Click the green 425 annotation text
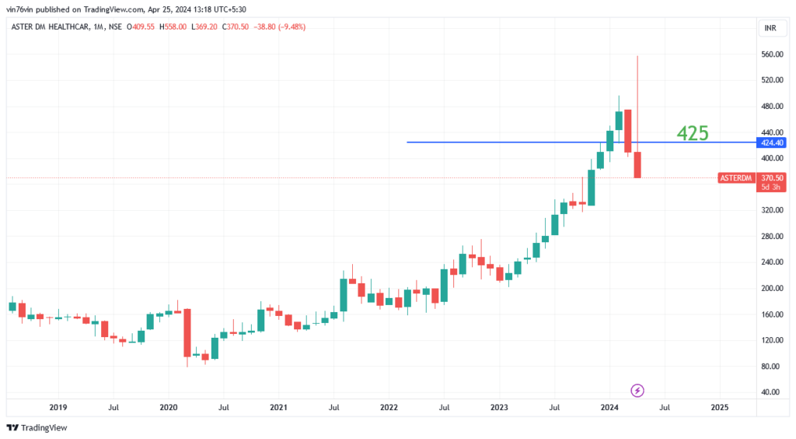point(692,134)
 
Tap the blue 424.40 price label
point(772,142)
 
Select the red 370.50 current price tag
point(772,177)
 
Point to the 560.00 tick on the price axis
point(771,54)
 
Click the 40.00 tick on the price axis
point(770,392)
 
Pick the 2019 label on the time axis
point(58,407)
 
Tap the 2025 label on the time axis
point(719,407)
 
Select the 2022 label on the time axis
point(389,407)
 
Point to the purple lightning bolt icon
point(637,390)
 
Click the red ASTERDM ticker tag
point(736,178)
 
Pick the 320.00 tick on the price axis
point(771,210)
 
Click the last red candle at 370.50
point(637,165)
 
